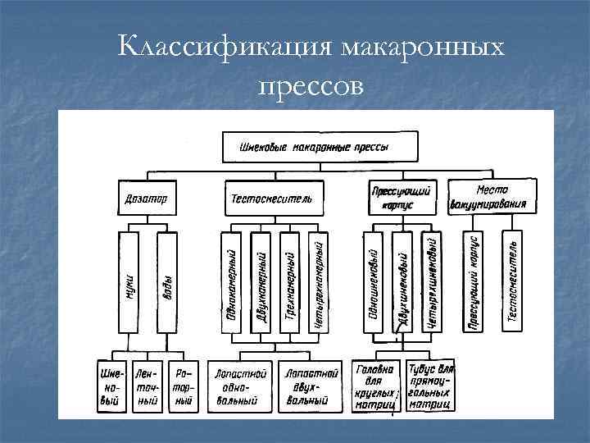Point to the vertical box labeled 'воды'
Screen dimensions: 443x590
point(167,282)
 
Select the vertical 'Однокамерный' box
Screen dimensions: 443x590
point(232,282)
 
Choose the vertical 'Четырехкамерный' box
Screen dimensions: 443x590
point(320,282)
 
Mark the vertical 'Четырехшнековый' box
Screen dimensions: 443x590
point(433,282)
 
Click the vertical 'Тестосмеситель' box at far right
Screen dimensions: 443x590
point(512,282)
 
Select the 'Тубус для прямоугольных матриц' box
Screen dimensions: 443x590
point(430,385)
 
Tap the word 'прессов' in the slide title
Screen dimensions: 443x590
point(309,84)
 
